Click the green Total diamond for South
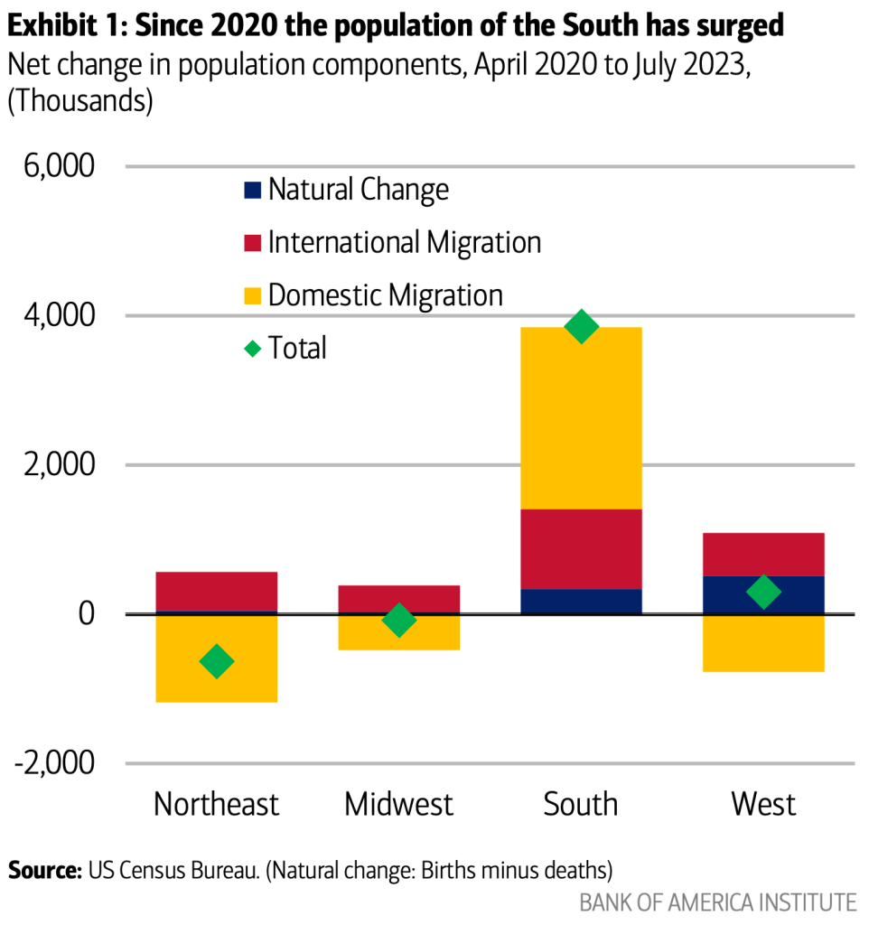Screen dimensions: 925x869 [581, 326]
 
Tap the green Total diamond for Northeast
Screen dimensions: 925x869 [217, 662]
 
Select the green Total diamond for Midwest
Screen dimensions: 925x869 [398, 621]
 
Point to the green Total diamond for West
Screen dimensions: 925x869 [763, 593]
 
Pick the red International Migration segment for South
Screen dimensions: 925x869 [581, 548]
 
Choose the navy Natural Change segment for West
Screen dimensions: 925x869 [763, 594]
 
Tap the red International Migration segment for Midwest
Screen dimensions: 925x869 [398, 599]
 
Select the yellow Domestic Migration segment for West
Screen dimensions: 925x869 [763, 643]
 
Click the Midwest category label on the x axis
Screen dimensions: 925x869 [398, 803]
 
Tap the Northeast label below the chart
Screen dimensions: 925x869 [217, 803]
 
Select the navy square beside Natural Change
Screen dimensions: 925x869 [253, 191]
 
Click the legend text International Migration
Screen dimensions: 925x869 [405, 243]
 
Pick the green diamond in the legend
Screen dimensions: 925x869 [253, 348]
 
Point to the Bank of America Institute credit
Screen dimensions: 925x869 [717, 902]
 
